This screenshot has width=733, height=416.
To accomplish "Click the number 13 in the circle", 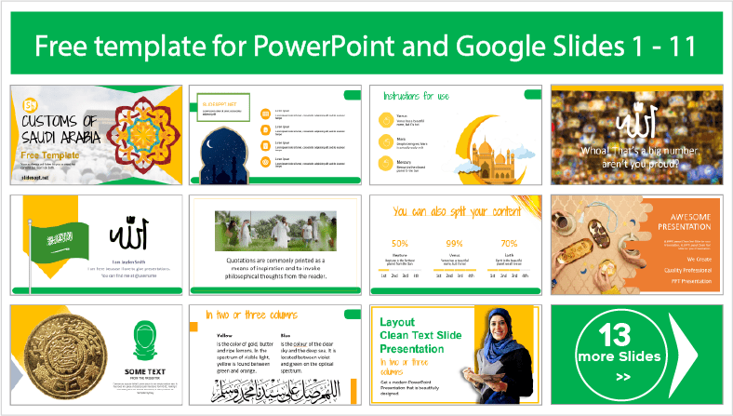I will pyautogui.click(x=615, y=336).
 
